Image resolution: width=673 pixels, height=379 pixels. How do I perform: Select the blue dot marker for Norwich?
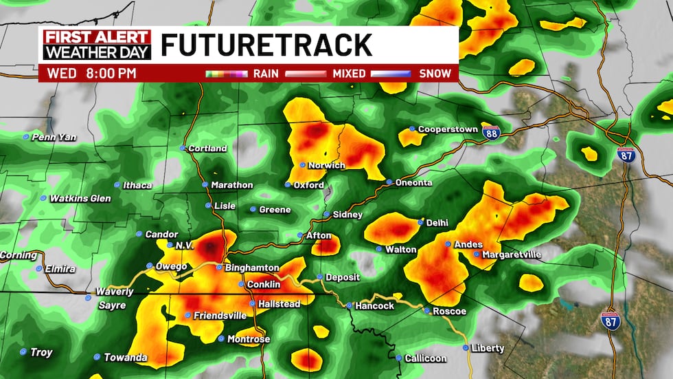pyautogui.click(x=302, y=165)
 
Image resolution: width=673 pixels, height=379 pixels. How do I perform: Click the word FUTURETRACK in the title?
pyautogui.click(x=266, y=45)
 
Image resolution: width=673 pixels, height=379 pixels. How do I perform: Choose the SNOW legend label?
pyautogui.click(x=435, y=73)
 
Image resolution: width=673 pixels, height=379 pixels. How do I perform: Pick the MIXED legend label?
pyautogui.click(x=348, y=73)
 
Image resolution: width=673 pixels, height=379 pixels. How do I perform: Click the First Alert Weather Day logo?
pyautogui.click(x=97, y=45)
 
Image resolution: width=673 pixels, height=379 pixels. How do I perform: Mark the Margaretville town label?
pyautogui.click(x=512, y=255)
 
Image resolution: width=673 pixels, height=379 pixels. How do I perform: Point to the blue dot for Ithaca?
pyautogui.click(x=118, y=185)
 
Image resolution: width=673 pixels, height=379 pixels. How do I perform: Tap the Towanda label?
pyautogui.click(x=125, y=357)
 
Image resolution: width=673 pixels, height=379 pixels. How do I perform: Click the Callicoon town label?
pyautogui.click(x=425, y=358)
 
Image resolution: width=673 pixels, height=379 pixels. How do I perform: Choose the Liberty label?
pyautogui.click(x=488, y=348)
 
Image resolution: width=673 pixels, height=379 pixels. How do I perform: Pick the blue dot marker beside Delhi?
pyautogui.click(x=421, y=222)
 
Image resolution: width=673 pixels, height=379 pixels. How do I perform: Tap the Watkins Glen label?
pyautogui.click(x=81, y=199)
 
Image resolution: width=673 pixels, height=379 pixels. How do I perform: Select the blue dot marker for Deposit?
pyautogui.click(x=319, y=277)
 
